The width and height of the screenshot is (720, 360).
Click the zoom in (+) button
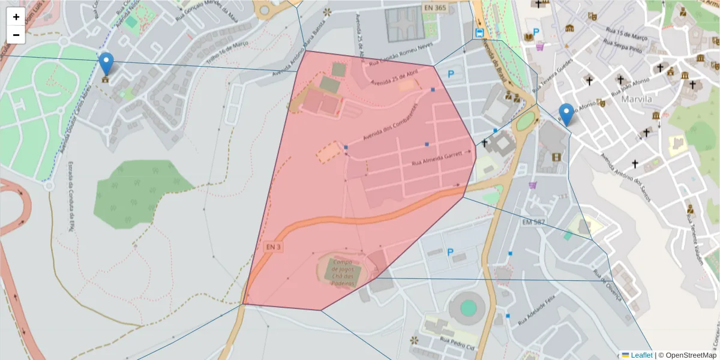pos(16,17)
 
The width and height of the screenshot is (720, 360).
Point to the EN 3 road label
pos(272,247)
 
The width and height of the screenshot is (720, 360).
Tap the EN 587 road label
pos(533,223)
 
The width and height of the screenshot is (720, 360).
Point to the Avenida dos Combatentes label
pos(389,122)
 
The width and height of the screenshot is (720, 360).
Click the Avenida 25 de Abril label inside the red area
pos(394,79)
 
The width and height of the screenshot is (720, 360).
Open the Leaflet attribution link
pos(641,355)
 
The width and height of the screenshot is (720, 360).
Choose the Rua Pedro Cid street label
pos(458,344)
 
